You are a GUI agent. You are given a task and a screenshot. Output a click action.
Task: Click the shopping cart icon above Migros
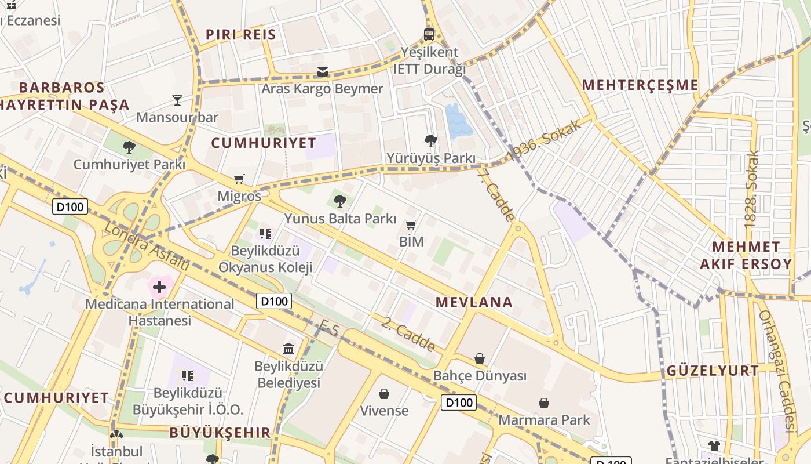click(239, 179)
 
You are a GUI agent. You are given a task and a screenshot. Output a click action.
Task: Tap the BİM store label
click(412, 241)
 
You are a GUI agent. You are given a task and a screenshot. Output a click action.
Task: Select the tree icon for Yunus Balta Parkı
click(340, 201)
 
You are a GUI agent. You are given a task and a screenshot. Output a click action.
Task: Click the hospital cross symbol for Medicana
click(159, 287)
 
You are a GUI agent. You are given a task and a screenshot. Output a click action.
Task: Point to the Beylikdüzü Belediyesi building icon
click(288, 349)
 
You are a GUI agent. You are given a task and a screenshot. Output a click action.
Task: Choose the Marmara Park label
click(544, 420)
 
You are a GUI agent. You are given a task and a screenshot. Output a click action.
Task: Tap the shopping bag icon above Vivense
click(384, 394)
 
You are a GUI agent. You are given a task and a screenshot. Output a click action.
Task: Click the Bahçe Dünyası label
click(480, 376)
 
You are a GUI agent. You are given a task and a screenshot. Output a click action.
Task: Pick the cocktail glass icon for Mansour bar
click(177, 100)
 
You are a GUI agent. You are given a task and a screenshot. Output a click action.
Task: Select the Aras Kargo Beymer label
click(322, 89)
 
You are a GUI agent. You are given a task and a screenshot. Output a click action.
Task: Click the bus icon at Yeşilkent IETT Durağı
click(429, 34)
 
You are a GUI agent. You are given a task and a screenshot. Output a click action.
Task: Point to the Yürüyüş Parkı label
click(431, 158)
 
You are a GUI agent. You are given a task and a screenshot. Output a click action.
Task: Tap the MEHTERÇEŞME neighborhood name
click(640, 85)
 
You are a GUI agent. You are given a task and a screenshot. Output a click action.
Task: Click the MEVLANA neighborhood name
click(474, 302)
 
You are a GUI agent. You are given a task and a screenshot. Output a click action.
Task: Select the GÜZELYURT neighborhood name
click(713, 371)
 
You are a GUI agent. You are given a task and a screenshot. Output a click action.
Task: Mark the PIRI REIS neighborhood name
click(241, 34)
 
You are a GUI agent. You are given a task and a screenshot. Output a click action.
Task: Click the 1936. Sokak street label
click(545, 140)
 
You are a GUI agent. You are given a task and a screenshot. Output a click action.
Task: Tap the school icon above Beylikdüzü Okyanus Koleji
click(265, 234)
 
